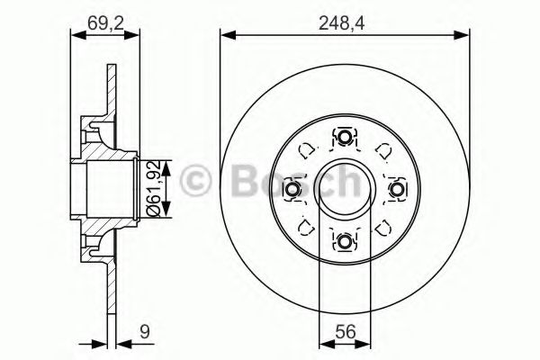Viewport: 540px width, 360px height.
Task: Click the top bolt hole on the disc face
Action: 345,138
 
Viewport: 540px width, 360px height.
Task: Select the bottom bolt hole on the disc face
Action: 345,240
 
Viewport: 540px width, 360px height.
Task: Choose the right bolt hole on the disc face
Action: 396,189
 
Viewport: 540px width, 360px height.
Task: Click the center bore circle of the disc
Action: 345,189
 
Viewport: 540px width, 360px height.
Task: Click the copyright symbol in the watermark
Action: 198,183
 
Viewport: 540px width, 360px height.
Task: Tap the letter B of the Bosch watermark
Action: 234,183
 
